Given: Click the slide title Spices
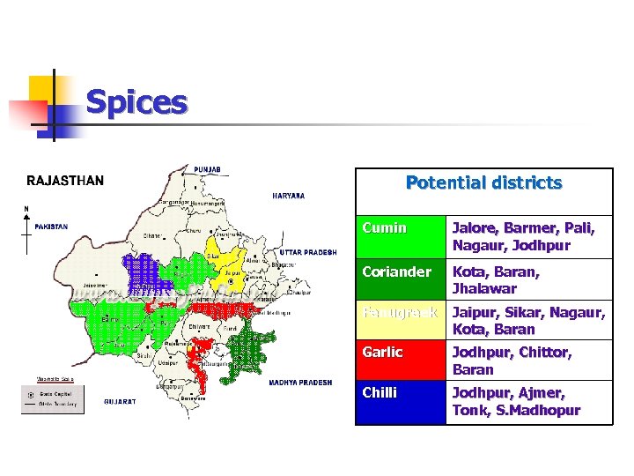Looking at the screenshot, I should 136,103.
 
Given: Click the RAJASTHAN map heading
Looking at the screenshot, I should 65,181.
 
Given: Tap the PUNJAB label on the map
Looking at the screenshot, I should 209,169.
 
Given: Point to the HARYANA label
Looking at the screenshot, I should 289,196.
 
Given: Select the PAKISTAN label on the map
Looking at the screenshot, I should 51,227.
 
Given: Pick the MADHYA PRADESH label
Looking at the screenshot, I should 299,383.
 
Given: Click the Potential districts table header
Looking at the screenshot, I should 483,183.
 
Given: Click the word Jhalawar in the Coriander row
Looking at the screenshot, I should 484,288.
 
